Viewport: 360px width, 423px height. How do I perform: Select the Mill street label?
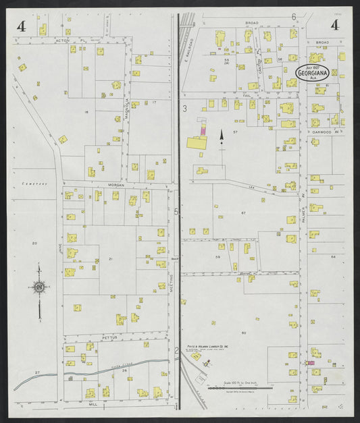94,405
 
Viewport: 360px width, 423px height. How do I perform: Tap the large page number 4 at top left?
22,27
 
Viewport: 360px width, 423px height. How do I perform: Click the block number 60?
243,333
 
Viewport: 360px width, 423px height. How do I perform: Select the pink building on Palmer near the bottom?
311,363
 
